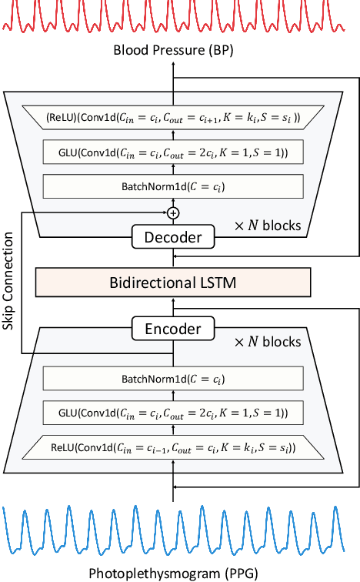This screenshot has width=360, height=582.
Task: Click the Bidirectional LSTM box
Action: click(x=173, y=283)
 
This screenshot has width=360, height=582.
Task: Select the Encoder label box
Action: click(x=173, y=329)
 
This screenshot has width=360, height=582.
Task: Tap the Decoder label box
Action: click(x=173, y=236)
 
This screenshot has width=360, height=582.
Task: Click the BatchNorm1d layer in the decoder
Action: click(x=173, y=186)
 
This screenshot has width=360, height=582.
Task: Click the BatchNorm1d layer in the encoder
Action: click(x=173, y=379)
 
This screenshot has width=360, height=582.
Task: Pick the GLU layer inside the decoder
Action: click(x=173, y=152)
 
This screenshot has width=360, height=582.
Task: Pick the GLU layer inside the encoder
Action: click(x=173, y=413)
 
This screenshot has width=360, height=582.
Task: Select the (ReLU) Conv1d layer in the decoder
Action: click(x=173, y=118)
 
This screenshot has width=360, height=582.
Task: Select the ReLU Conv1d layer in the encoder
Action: click(x=173, y=447)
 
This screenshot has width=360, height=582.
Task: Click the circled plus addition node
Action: click(x=173, y=212)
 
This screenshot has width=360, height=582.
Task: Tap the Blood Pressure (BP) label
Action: click(x=173, y=51)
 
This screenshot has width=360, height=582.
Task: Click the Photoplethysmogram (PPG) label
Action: click(x=173, y=572)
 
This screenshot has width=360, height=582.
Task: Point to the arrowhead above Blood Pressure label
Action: click(x=173, y=64)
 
